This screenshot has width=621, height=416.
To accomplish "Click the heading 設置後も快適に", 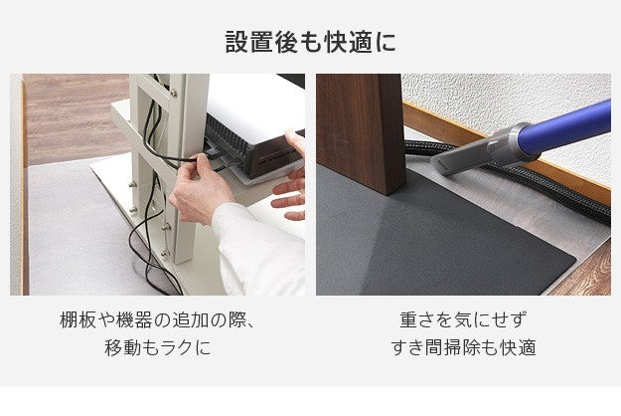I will [x=310, y=43].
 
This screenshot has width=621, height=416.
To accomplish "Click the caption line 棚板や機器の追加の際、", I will [x=158, y=320].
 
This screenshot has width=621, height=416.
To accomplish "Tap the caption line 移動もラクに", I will [x=158, y=348].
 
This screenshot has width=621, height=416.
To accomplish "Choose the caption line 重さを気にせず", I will [x=463, y=320].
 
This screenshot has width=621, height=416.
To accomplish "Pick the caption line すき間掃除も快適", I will [x=463, y=348].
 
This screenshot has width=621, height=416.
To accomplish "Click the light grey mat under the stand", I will [x=70, y=239].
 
